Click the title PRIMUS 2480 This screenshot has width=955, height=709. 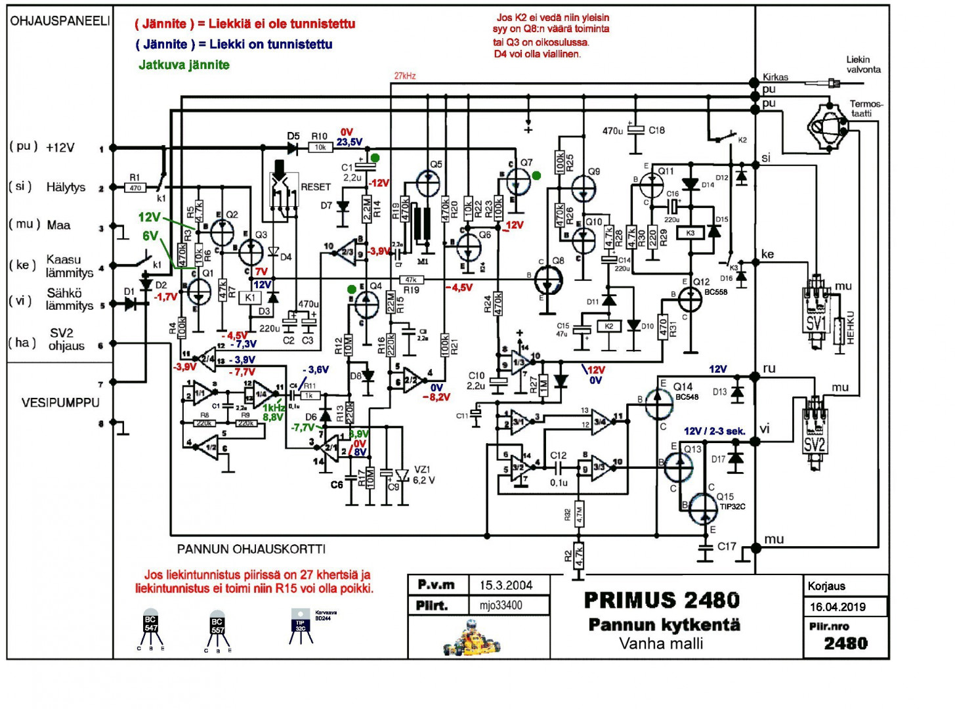[x=662, y=600]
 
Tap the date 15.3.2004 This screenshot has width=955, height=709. [x=505, y=585]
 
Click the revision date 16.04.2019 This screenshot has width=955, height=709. [x=838, y=607]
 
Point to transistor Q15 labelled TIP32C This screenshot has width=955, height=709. [x=703, y=508]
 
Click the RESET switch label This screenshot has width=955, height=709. [x=315, y=187]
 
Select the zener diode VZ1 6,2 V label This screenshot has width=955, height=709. [x=423, y=475]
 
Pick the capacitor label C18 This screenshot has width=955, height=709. [x=656, y=131]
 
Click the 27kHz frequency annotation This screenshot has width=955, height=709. [x=405, y=76]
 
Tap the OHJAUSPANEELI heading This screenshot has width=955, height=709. [x=60, y=21]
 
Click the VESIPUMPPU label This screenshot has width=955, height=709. [x=60, y=402]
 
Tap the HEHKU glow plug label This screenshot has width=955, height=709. [x=851, y=328]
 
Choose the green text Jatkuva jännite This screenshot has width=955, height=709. [x=184, y=65]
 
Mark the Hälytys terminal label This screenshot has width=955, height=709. [x=66, y=187]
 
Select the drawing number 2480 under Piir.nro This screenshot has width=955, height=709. [x=845, y=643]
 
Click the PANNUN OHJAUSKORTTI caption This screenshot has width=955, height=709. [x=251, y=549]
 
